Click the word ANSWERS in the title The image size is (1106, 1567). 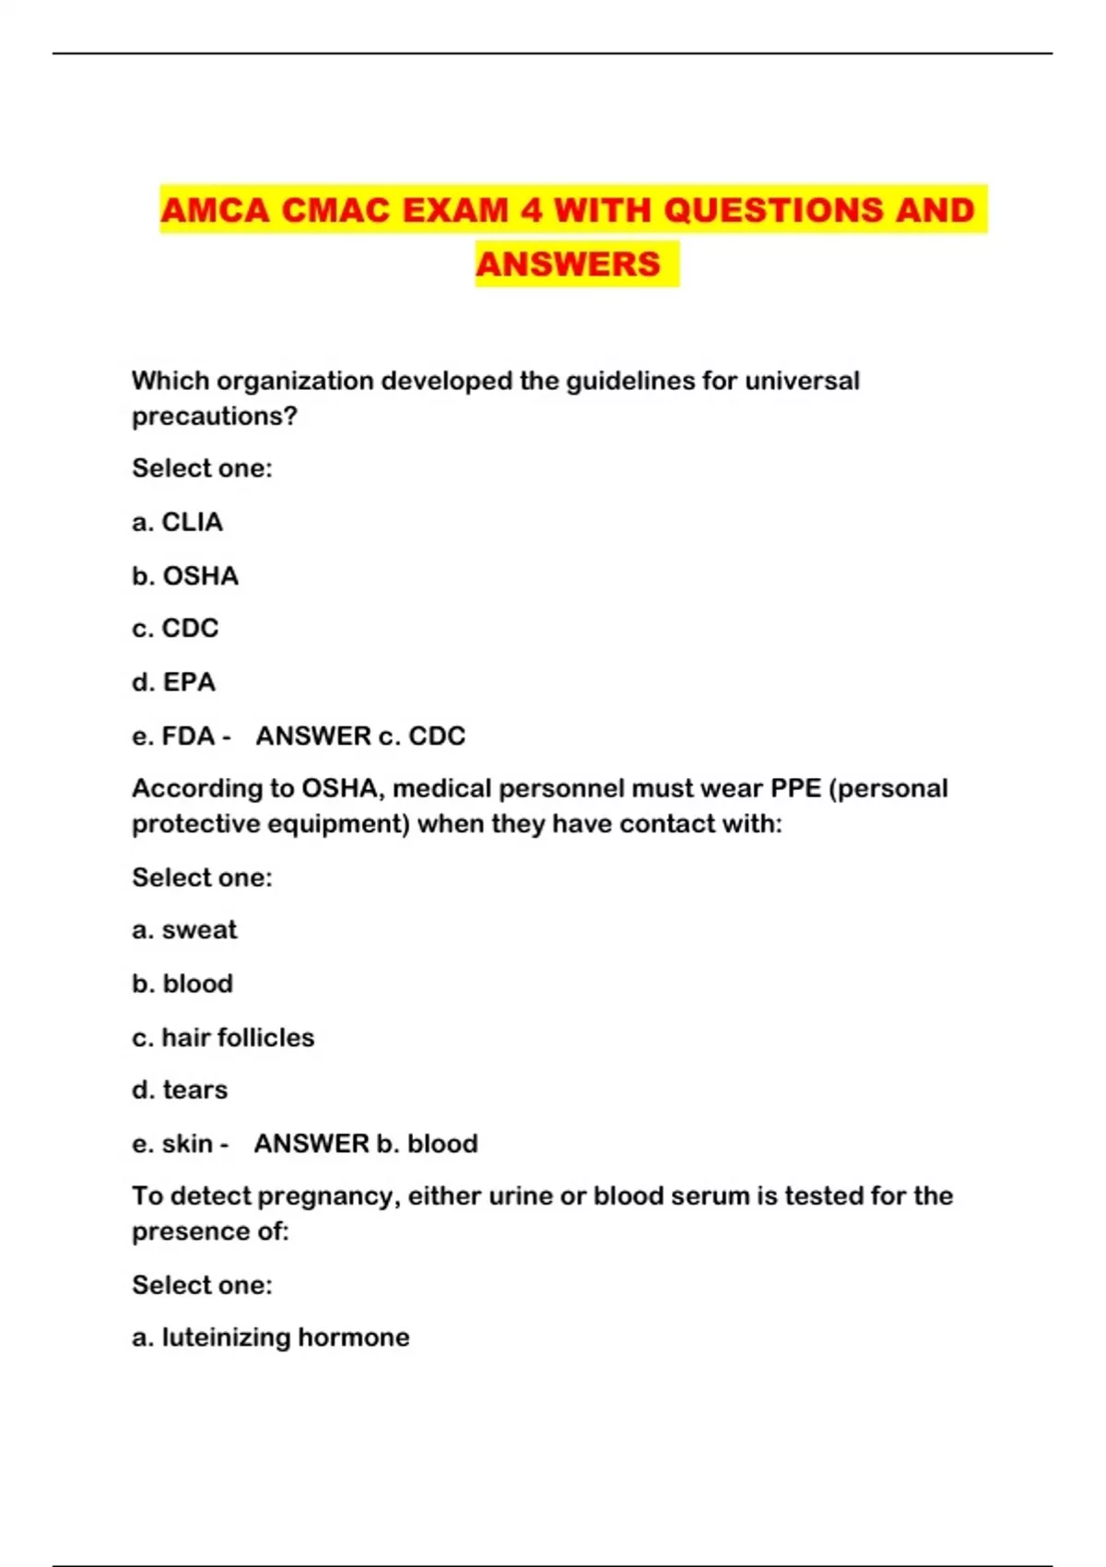click(x=568, y=265)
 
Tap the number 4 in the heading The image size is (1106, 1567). click(x=531, y=210)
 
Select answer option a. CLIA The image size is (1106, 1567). click(x=177, y=523)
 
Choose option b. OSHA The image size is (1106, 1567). click(x=185, y=576)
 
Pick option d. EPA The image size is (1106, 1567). click(x=173, y=682)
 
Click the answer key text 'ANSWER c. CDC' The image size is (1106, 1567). click(x=360, y=736)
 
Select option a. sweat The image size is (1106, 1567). click(x=184, y=930)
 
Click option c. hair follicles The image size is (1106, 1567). click(x=223, y=1038)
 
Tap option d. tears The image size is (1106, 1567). click(x=180, y=1090)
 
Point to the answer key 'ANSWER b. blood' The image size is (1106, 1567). click(x=366, y=1144)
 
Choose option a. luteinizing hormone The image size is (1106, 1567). click(x=271, y=1337)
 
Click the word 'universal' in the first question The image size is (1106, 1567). click(x=802, y=381)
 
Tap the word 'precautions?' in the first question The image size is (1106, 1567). click(x=215, y=417)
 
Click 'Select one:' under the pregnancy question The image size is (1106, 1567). click(x=202, y=1285)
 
